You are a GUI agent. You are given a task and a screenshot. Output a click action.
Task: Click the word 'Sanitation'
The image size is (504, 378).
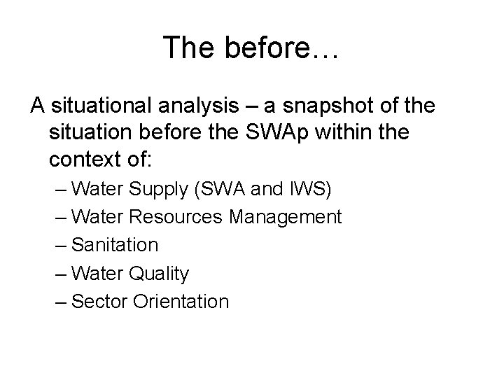click(x=115, y=245)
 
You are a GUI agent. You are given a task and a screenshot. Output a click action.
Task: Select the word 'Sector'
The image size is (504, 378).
click(x=99, y=301)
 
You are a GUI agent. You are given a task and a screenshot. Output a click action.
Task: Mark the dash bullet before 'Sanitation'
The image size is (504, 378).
click(x=61, y=245)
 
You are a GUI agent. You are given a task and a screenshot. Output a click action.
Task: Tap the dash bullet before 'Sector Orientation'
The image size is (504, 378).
click(x=61, y=301)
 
